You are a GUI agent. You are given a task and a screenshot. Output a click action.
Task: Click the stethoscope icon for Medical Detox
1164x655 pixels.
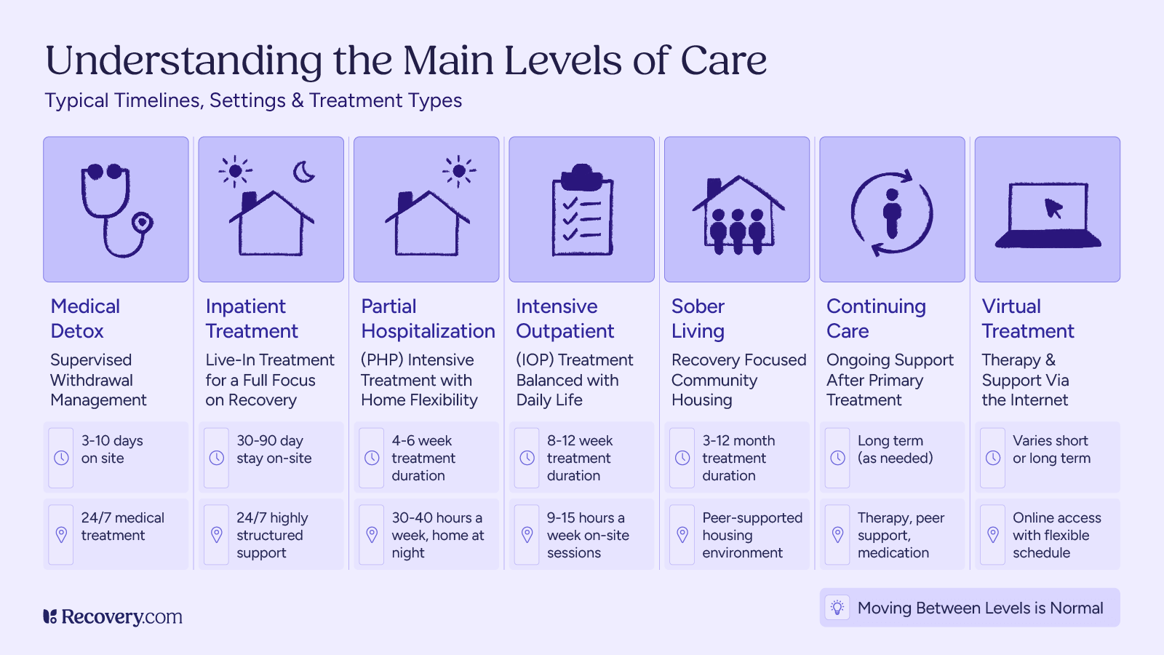point(116,211)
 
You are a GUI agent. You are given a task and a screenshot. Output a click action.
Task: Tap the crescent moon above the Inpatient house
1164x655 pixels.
point(303,172)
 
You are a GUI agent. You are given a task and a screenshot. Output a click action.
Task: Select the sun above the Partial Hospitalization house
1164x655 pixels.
point(458,172)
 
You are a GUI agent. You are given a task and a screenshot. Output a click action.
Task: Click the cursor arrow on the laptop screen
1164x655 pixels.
point(1053,208)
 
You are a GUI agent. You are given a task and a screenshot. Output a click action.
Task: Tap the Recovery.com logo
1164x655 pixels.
point(113,617)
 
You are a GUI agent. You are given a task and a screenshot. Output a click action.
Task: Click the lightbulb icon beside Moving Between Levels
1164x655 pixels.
point(837,608)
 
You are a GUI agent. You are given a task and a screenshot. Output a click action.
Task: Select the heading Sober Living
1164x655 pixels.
point(698,319)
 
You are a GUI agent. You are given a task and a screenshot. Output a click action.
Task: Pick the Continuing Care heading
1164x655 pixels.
point(876,319)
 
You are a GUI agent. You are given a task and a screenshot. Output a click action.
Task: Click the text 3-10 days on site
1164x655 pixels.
point(112,450)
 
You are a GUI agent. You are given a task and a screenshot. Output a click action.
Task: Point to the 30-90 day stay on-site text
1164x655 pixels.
point(274,450)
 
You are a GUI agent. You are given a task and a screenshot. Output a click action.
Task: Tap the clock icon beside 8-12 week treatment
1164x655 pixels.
point(527,458)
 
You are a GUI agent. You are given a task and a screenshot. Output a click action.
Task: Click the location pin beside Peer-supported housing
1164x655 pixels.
point(682,535)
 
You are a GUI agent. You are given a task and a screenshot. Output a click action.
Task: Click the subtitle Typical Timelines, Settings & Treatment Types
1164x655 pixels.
point(253,100)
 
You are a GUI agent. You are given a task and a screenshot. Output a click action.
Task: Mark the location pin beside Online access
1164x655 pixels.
point(993,535)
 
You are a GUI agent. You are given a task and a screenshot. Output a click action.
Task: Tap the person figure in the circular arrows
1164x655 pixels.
point(891,213)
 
